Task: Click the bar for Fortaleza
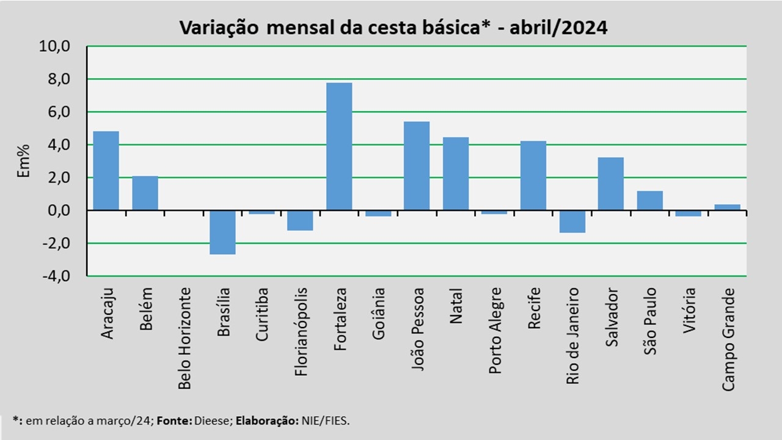click(x=339, y=147)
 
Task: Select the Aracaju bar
click(x=106, y=170)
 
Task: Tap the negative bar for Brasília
click(x=222, y=232)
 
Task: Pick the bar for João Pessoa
click(x=417, y=166)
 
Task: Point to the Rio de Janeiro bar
click(x=572, y=221)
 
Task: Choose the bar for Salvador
click(x=611, y=183)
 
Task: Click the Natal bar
click(x=456, y=174)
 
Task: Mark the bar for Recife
click(x=533, y=175)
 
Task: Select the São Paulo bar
click(x=649, y=200)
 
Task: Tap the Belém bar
click(x=145, y=193)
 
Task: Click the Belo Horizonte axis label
click(x=184, y=339)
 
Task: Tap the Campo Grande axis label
click(x=728, y=339)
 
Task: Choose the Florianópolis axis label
click(x=301, y=323)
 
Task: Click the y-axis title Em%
click(x=23, y=161)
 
